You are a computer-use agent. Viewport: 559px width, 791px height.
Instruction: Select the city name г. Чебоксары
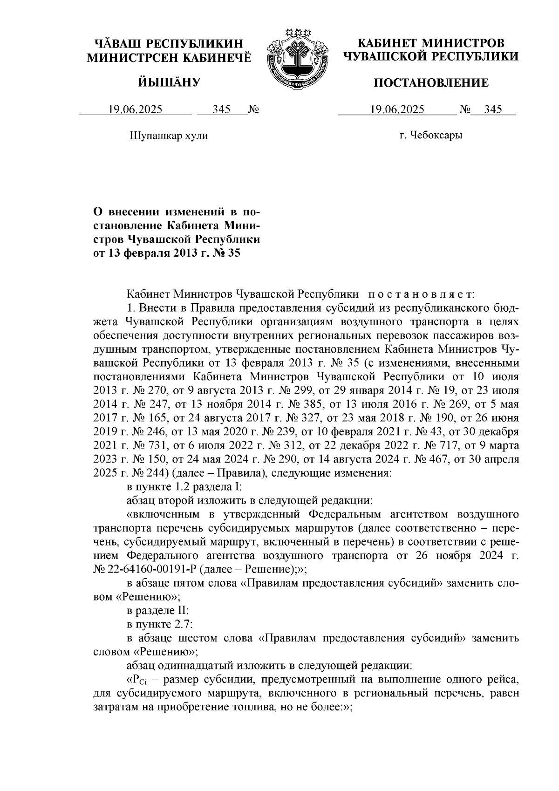tap(431, 136)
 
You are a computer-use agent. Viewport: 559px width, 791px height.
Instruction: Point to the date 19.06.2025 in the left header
tap(135, 110)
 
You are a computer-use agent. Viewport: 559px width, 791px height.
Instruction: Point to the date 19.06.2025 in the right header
tap(397, 110)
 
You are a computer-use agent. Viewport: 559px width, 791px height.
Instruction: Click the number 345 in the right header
tap(493, 110)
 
